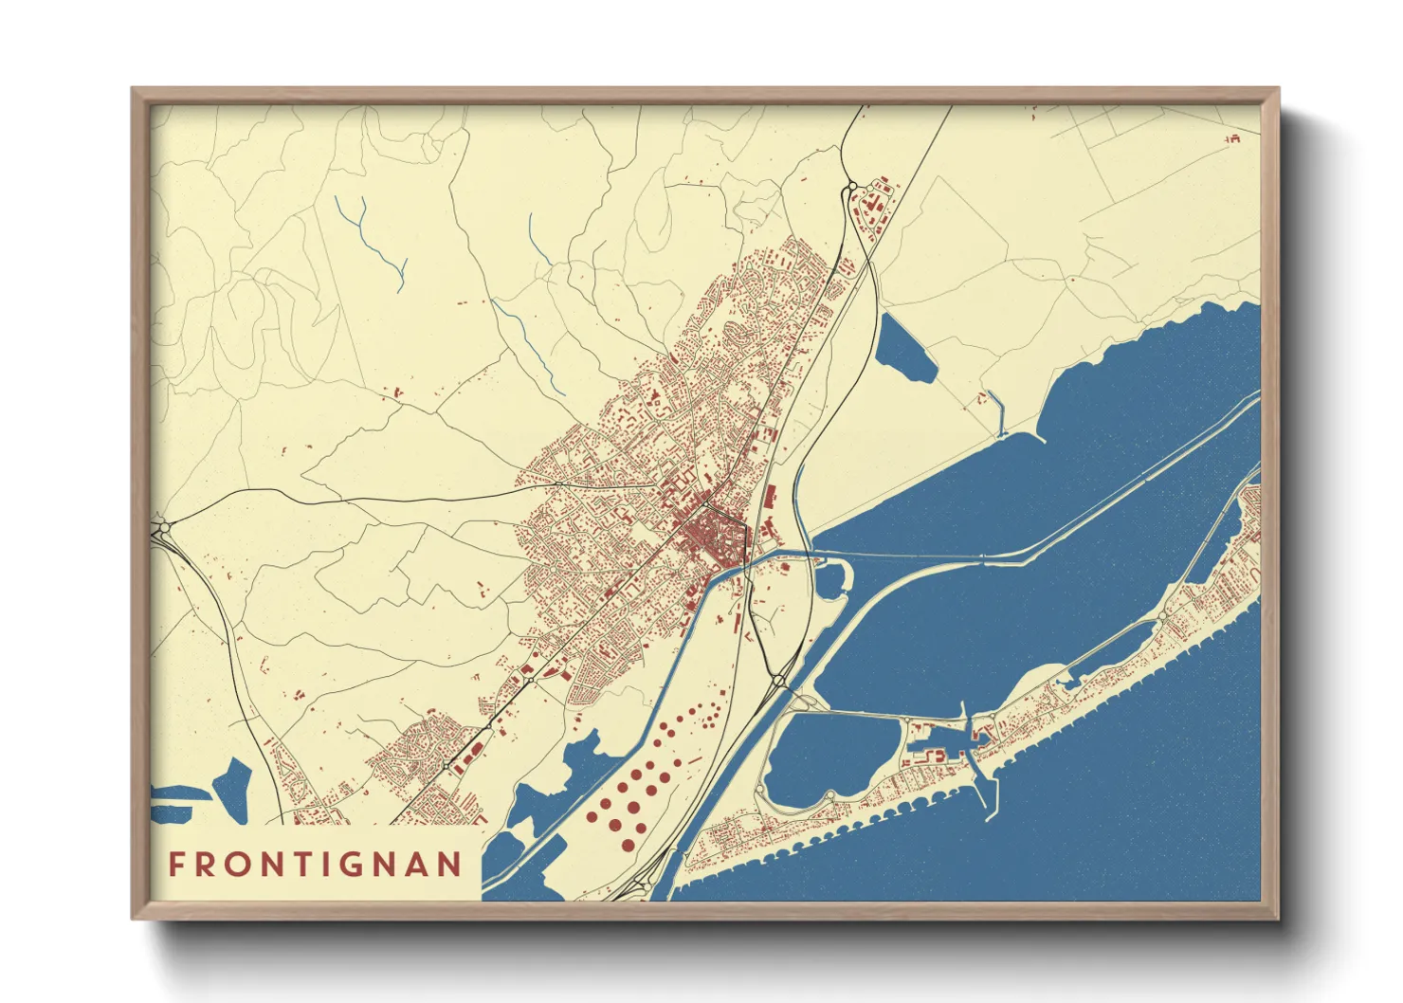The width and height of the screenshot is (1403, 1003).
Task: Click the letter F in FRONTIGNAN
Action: [176, 865]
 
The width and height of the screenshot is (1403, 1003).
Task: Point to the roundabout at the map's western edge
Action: [159, 527]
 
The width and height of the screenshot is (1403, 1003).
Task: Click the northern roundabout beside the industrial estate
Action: [850, 188]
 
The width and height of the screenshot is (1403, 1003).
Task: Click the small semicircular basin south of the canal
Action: [831, 577]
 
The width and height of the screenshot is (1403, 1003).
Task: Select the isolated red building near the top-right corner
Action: [1232, 139]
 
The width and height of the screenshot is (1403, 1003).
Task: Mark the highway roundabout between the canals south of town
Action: [779, 679]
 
